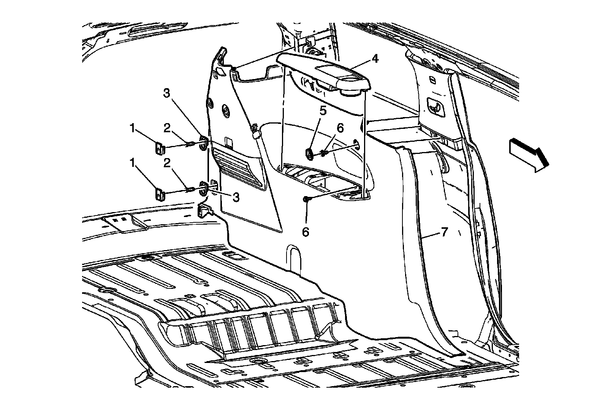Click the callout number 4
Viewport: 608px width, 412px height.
tap(375, 59)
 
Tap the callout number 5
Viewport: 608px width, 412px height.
tap(323, 111)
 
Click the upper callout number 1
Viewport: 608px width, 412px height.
tap(132, 128)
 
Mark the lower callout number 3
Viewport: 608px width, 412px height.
tap(236, 196)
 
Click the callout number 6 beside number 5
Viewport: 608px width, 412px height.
tap(340, 128)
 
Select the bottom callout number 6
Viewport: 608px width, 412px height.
tap(306, 231)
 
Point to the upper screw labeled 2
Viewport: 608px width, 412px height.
tap(191, 144)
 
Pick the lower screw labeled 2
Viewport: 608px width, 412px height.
tap(190, 189)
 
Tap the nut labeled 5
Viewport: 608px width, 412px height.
tap(309, 153)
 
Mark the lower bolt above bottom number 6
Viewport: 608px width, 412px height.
tap(306, 199)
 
